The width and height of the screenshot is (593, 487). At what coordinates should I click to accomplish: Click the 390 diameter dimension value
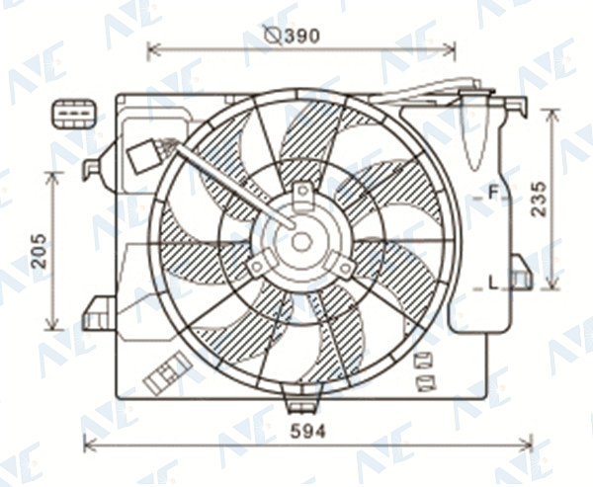[302, 36]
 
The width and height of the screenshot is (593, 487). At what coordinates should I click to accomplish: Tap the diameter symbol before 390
[273, 36]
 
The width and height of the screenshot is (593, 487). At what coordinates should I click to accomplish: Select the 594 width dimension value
[307, 431]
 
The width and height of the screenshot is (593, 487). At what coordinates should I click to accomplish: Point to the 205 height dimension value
[39, 251]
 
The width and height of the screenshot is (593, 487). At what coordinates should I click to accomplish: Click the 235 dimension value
[539, 200]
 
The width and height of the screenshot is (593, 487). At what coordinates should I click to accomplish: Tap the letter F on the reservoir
[493, 193]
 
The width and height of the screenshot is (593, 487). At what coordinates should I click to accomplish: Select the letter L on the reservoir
[493, 283]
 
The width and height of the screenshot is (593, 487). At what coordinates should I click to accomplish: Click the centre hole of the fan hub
[301, 242]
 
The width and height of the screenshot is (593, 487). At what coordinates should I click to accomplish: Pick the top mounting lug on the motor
[302, 196]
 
